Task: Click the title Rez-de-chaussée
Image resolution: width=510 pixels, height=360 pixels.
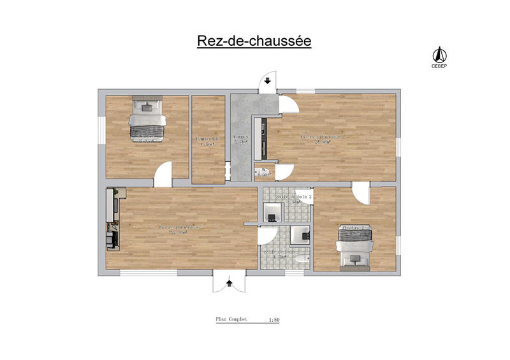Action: pos(253,41)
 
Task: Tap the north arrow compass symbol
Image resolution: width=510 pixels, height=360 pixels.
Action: pos(439,54)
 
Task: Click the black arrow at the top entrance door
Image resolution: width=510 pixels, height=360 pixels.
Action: pos(267,82)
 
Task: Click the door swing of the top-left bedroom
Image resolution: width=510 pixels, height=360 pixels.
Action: pos(164,173)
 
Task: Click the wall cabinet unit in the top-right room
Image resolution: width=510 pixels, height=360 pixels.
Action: pos(260,138)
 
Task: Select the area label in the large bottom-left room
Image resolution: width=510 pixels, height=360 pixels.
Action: pos(178,229)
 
